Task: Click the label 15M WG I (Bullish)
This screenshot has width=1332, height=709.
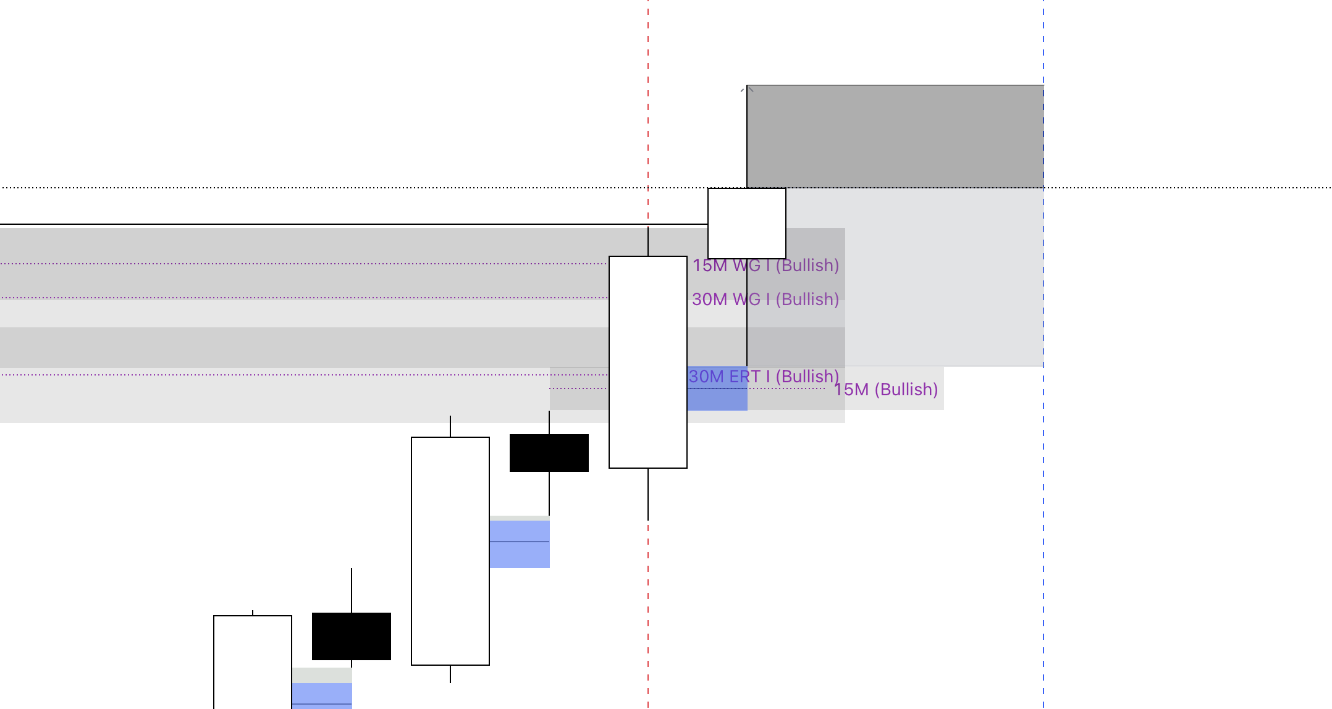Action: (x=765, y=266)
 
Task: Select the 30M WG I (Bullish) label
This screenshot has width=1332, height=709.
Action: (x=765, y=300)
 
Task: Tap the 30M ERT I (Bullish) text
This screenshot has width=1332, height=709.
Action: (x=764, y=377)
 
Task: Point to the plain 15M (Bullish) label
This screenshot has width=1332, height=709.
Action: (x=886, y=390)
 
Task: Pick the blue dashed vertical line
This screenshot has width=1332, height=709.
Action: (x=1043, y=494)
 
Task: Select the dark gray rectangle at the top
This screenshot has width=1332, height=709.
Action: (x=895, y=136)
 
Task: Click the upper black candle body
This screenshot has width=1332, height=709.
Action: (x=549, y=453)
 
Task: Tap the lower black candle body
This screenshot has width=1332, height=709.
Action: (x=351, y=636)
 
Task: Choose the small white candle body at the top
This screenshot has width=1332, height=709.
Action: (x=746, y=223)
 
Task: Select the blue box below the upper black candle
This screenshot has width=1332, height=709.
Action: (x=520, y=544)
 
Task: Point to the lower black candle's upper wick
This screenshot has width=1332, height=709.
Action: (x=352, y=590)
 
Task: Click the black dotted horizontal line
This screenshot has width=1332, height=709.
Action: (x=371, y=188)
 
